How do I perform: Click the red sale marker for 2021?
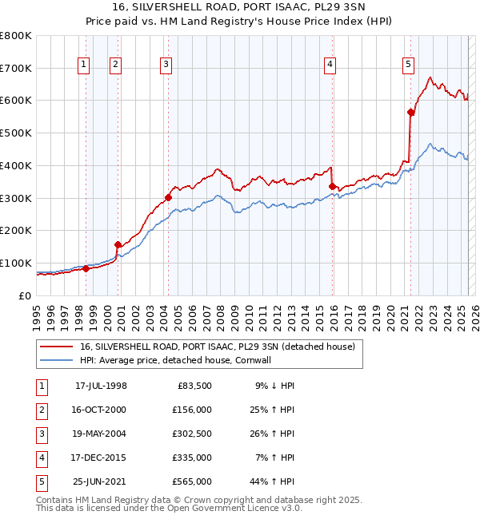click(410, 113)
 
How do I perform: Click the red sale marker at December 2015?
click(332, 187)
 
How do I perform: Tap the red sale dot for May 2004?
click(168, 197)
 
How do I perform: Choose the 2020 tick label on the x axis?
click(390, 314)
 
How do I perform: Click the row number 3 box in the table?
click(40, 434)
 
